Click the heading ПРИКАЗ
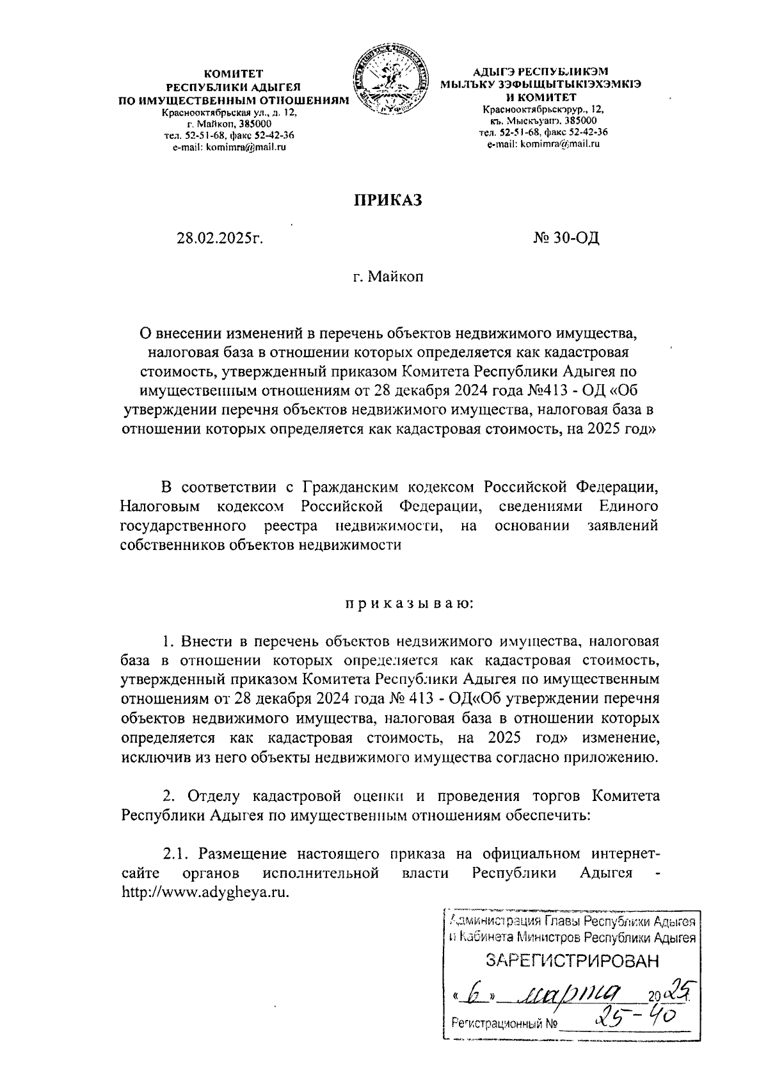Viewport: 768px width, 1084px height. click(389, 200)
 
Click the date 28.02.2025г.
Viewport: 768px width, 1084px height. click(221, 239)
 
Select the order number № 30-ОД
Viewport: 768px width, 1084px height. click(566, 239)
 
